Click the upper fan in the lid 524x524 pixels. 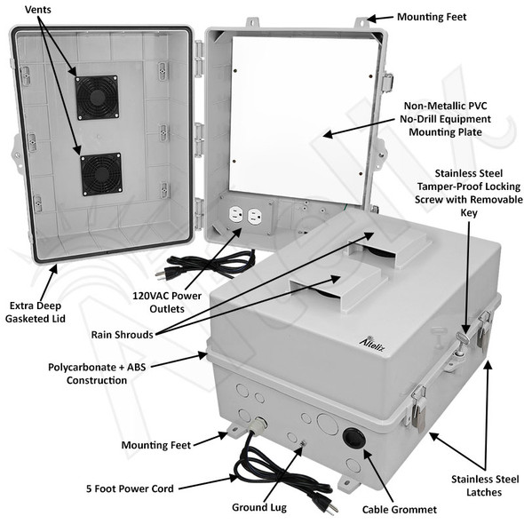(x=97, y=97)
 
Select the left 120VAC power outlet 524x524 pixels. (x=237, y=216)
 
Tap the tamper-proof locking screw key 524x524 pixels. (x=463, y=339)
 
